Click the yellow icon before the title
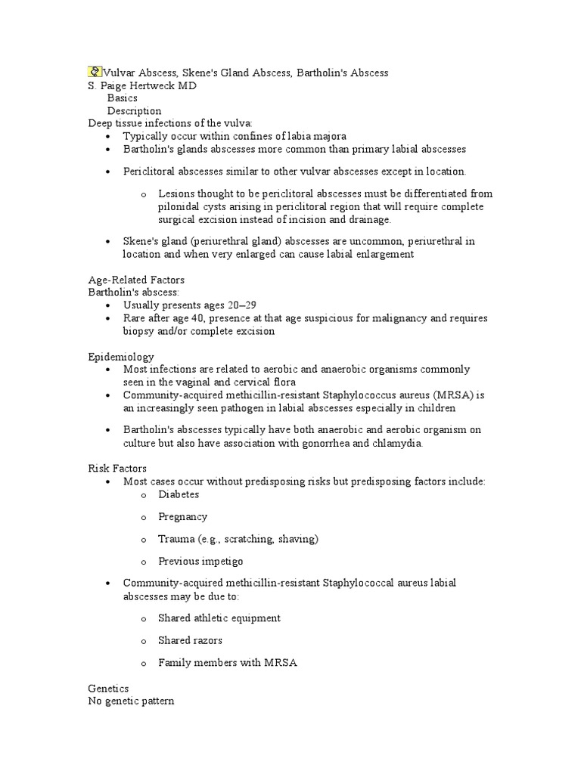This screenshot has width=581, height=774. tap(95, 73)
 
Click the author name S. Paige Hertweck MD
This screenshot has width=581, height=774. tap(142, 86)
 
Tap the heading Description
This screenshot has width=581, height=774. tap(134, 111)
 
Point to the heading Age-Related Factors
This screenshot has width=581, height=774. tap(136, 280)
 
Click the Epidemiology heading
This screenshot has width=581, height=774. tap(121, 356)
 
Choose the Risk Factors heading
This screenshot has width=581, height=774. tap(117, 469)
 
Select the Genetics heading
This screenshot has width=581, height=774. tap(108, 689)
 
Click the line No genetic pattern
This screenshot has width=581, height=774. tap(131, 701)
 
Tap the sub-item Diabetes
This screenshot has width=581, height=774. tap(179, 494)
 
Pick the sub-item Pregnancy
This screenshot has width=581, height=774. tap(182, 517)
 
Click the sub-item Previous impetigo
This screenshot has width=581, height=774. tap(200, 562)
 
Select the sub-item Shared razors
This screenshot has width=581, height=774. tap(190, 640)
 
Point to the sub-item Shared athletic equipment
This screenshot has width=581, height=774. tap(219, 618)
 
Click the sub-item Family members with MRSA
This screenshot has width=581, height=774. tap(228, 663)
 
